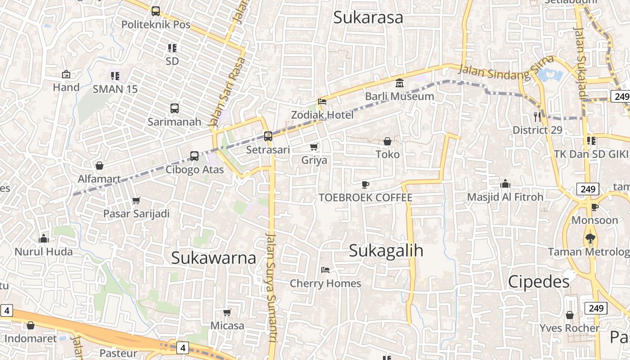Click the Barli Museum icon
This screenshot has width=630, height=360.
coord(399,83)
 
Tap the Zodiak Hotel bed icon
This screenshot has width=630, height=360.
coord(322,102)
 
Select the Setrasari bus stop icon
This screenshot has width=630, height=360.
coord(268,136)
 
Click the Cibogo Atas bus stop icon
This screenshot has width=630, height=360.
coord(194,156)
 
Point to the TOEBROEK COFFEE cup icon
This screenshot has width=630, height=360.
coord(365,184)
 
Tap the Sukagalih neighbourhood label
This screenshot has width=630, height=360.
coord(386,251)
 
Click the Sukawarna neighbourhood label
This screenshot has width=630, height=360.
coord(214,258)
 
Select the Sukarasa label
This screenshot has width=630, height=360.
coord(368,18)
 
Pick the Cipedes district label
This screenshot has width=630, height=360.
coord(539,282)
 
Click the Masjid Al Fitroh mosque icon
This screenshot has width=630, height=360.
coord(505,184)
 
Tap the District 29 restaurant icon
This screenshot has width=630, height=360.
coord(537,117)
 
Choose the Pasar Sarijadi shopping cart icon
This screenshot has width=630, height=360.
coord(136,200)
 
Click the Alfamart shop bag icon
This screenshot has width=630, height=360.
coord(99,166)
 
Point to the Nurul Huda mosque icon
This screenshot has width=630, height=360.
coord(44,238)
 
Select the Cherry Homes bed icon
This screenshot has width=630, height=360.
coord(325,270)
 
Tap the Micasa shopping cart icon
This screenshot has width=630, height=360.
coord(227,312)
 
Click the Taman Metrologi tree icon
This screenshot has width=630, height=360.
coord(590,238)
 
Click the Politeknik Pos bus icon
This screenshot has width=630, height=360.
coord(156,11)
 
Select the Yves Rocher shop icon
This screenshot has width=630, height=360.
coord(570,315)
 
